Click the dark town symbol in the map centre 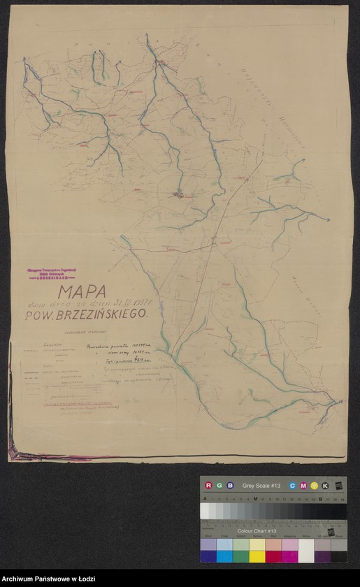(x=179, y=195)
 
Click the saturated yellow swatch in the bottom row (x=257, y=556)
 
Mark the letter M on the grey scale (x=256, y=499)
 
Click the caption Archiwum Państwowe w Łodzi (x=48, y=579)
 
